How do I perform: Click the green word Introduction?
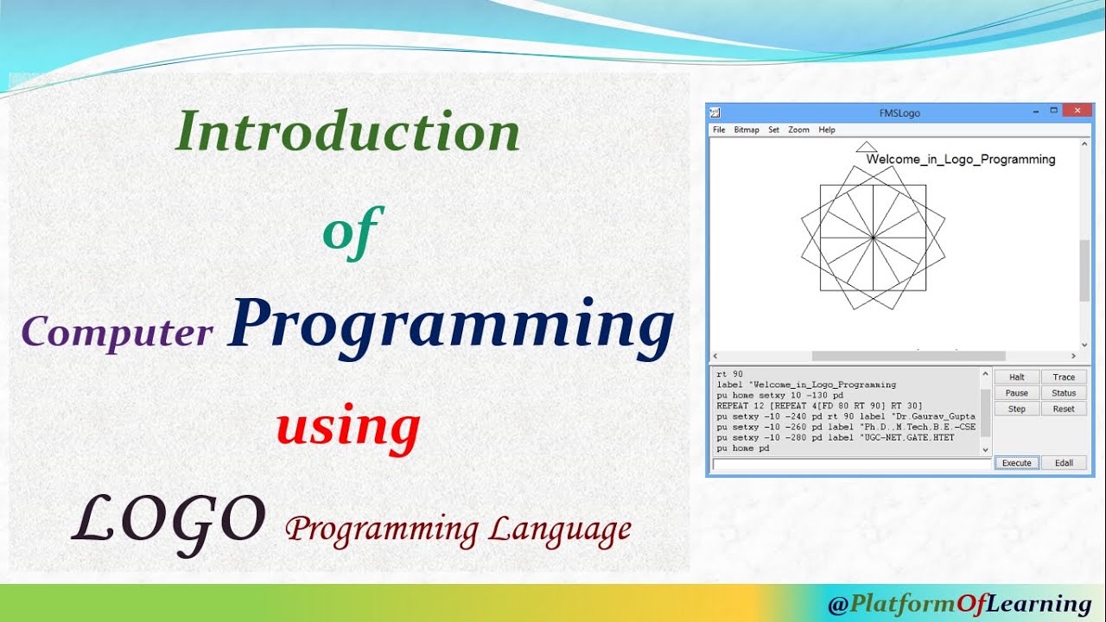(348, 130)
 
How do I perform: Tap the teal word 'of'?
(353, 232)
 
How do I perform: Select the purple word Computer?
(118, 333)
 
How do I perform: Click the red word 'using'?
(348, 428)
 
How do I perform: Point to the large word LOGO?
(169, 524)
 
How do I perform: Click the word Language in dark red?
(560, 531)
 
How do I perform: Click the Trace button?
(1064, 378)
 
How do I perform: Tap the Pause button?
(1017, 393)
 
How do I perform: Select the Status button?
(1064, 393)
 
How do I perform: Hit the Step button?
(1017, 409)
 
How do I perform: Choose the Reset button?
(1064, 409)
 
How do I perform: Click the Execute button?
(1017, 463)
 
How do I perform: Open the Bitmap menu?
(747, 130)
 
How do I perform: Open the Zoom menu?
(798, 130)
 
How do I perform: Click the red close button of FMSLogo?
(1077, 111)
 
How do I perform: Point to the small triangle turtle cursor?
(866, 147)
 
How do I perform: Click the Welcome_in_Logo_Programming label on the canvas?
(961, 160)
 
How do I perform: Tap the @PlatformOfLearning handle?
(959, 604)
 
